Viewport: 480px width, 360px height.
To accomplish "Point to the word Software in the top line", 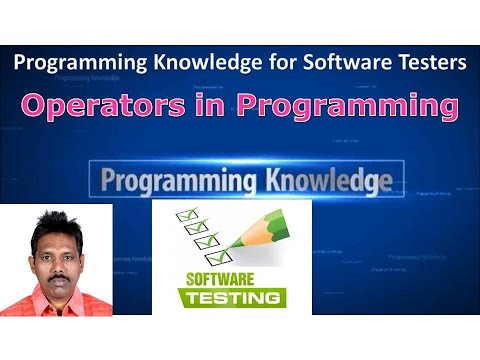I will [x=345, y=62].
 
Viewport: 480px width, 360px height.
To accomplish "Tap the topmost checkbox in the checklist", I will [x=185, y=215].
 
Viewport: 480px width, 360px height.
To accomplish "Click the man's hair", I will [x=54, y=219].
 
